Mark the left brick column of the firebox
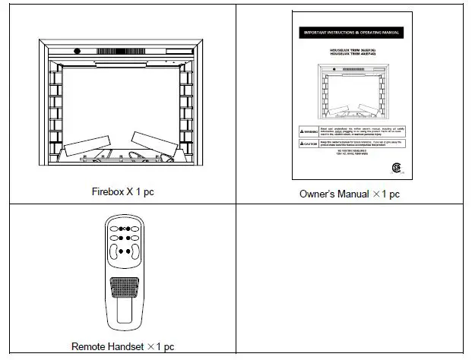pos(55,114)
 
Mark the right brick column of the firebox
pos(185,114)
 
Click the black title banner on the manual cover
pos(351,33)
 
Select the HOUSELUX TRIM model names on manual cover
pos(351,51)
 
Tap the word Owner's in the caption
pos(316,194)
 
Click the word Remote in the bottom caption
pos(87,346)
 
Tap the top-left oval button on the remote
pos(116,227)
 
